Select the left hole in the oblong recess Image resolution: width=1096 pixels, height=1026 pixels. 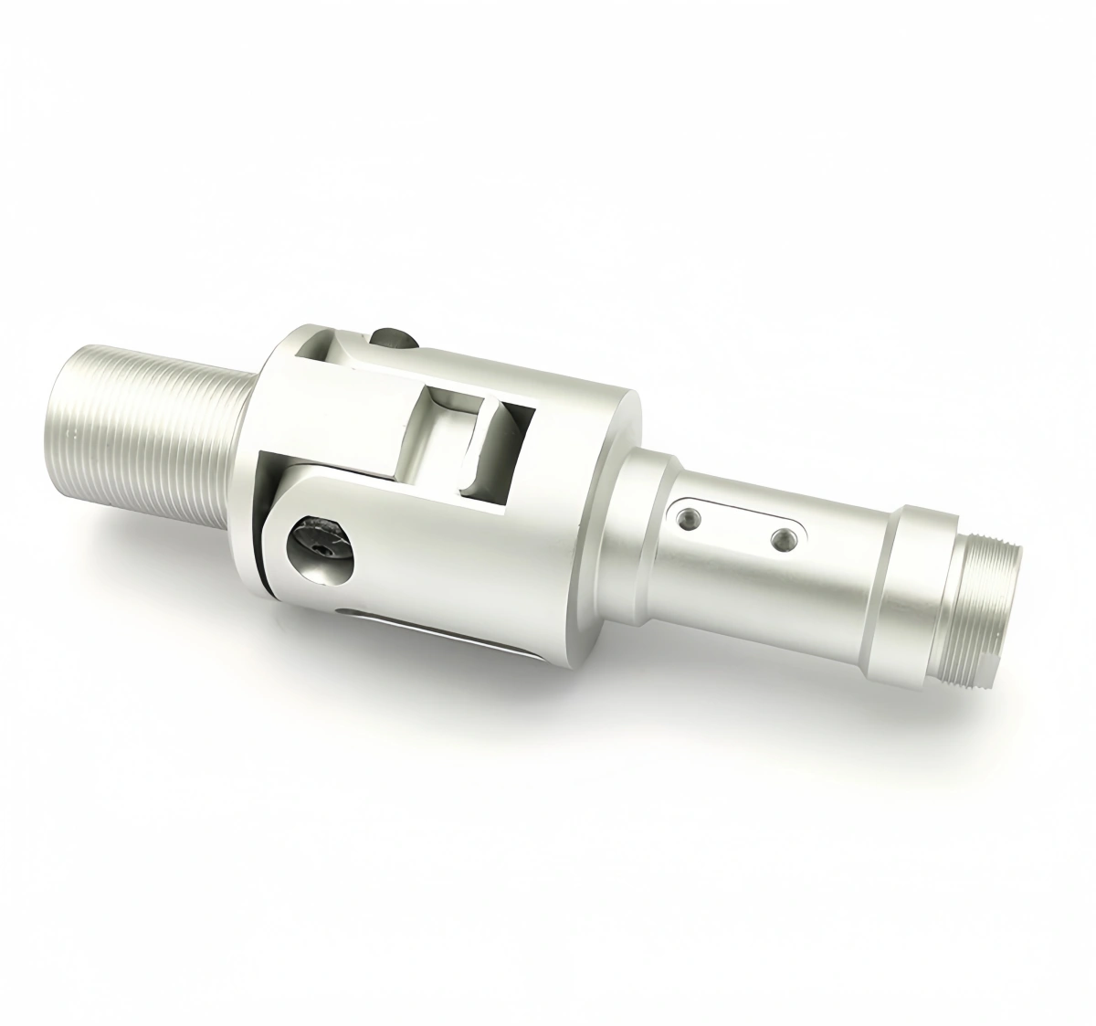pos(687,519)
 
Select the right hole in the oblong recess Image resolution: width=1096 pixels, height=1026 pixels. pos(782,538)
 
